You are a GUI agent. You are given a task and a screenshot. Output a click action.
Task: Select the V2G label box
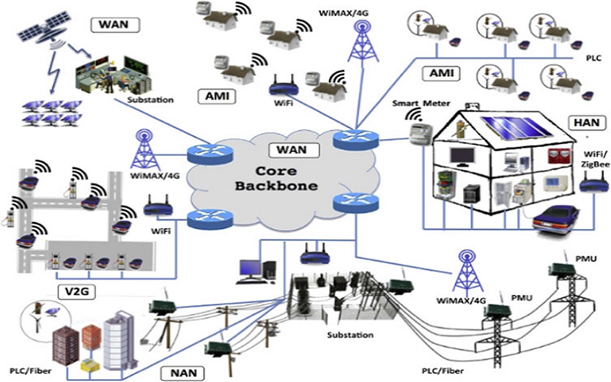pyautogui.click(x=76, y=293)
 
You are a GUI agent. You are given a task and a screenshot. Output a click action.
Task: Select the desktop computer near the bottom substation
pyautogui.click(x=251, y=269)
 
